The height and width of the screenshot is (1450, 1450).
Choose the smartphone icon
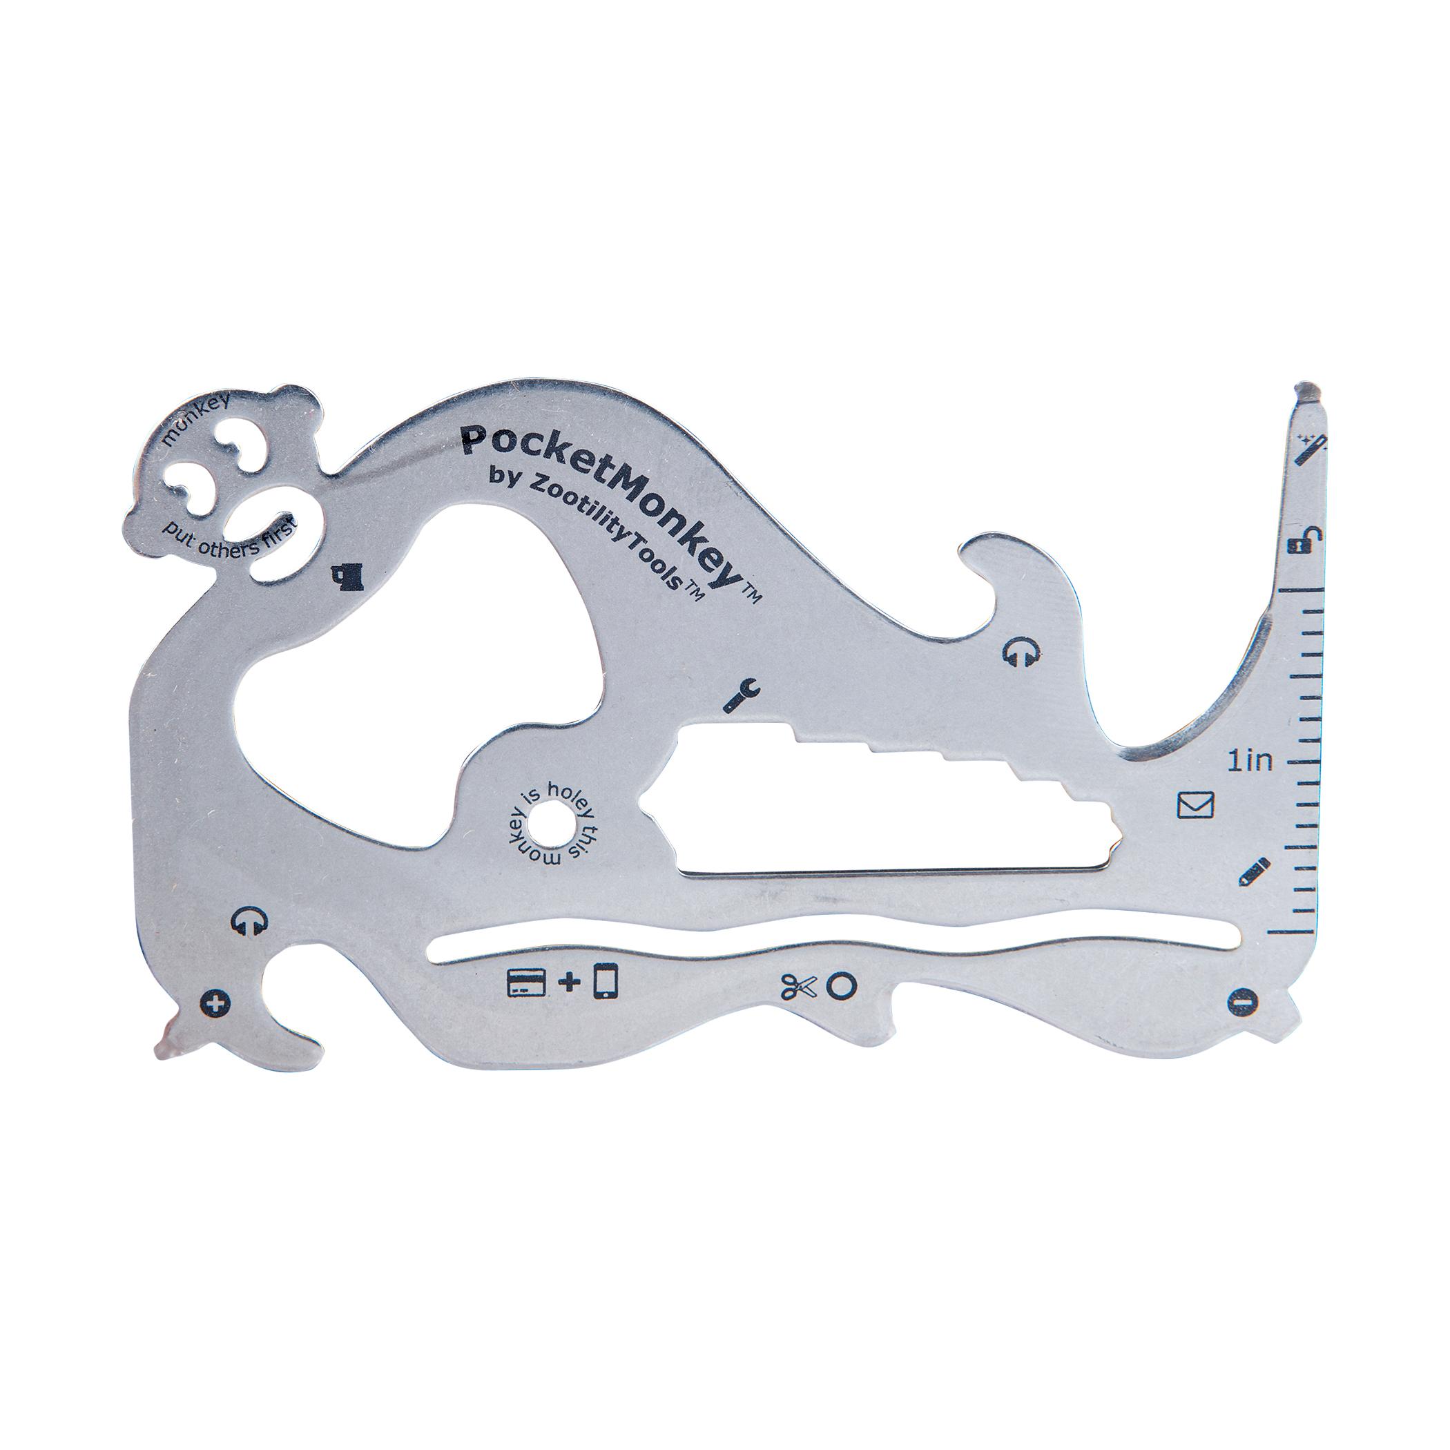606,982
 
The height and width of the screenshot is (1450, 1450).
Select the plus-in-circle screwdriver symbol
215,1003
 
